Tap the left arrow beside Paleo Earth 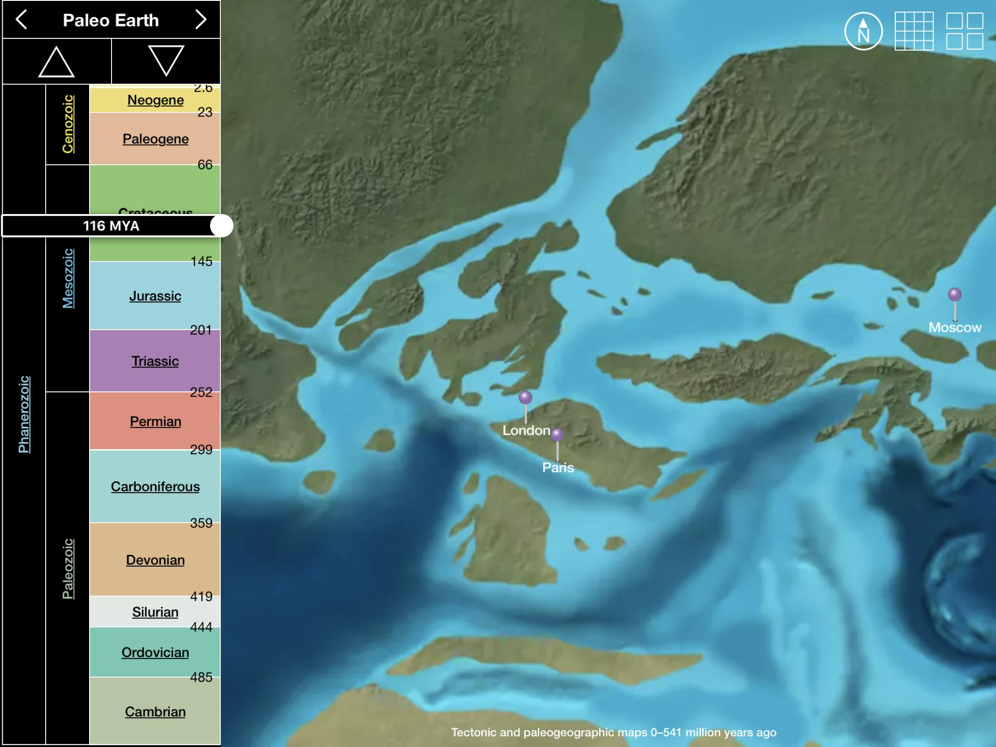click(21, 20)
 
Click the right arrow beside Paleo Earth click(200, 20)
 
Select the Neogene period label click(155, 100)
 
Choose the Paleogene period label click(155, 139)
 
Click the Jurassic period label click(155, 296)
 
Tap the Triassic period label click(155, 361)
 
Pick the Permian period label click(155, 421)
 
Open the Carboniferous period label click(155, 487)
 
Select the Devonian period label click(155, 560)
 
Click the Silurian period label click(155, 612)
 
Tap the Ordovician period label click(155, 653)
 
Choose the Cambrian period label click(155, 712)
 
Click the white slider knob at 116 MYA click(222, 226)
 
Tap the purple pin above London click(525, 398)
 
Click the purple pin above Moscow click(955, 295)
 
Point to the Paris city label click(558, 468)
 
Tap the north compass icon click(863, 31)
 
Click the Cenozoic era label click(68, 124)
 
